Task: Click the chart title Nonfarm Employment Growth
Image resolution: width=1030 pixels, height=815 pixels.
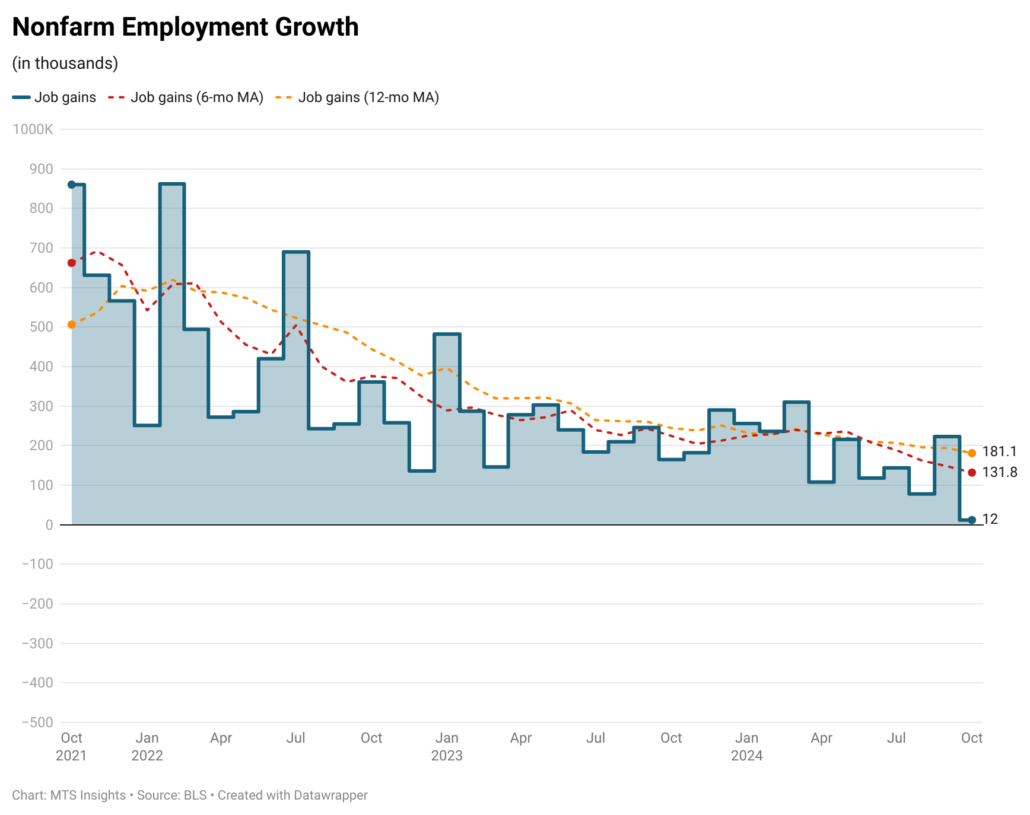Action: coord(185,27)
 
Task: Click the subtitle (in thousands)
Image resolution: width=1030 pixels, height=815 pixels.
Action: coord(65,63)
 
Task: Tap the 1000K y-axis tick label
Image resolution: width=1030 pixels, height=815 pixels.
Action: coord(33,129)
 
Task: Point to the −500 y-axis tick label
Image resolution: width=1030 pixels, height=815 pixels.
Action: coord(37,722)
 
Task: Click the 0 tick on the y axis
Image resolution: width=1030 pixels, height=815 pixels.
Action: coord(49,525)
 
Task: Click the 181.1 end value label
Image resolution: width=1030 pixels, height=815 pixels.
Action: coord(999,452)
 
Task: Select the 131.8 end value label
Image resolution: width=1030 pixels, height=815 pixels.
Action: coord(999,472)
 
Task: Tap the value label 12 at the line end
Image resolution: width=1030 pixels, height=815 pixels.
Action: coord(990,520)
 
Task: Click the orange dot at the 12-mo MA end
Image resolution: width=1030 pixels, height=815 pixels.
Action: coord(972,453)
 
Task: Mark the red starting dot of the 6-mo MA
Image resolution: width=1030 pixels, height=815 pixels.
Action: coord(72,263)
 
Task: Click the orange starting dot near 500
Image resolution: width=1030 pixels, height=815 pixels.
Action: coord(72,324)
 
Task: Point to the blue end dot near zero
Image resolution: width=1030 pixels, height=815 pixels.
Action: coord(972,520)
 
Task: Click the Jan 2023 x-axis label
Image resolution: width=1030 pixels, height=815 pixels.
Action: coord(447,746)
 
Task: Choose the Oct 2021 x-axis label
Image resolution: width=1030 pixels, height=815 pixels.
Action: coord(72,746)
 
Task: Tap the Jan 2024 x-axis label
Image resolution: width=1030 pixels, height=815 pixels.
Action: coord(746,746)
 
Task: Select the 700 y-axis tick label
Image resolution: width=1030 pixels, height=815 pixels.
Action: coord(41,248)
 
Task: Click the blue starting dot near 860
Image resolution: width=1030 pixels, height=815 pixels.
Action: coord(72,184)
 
